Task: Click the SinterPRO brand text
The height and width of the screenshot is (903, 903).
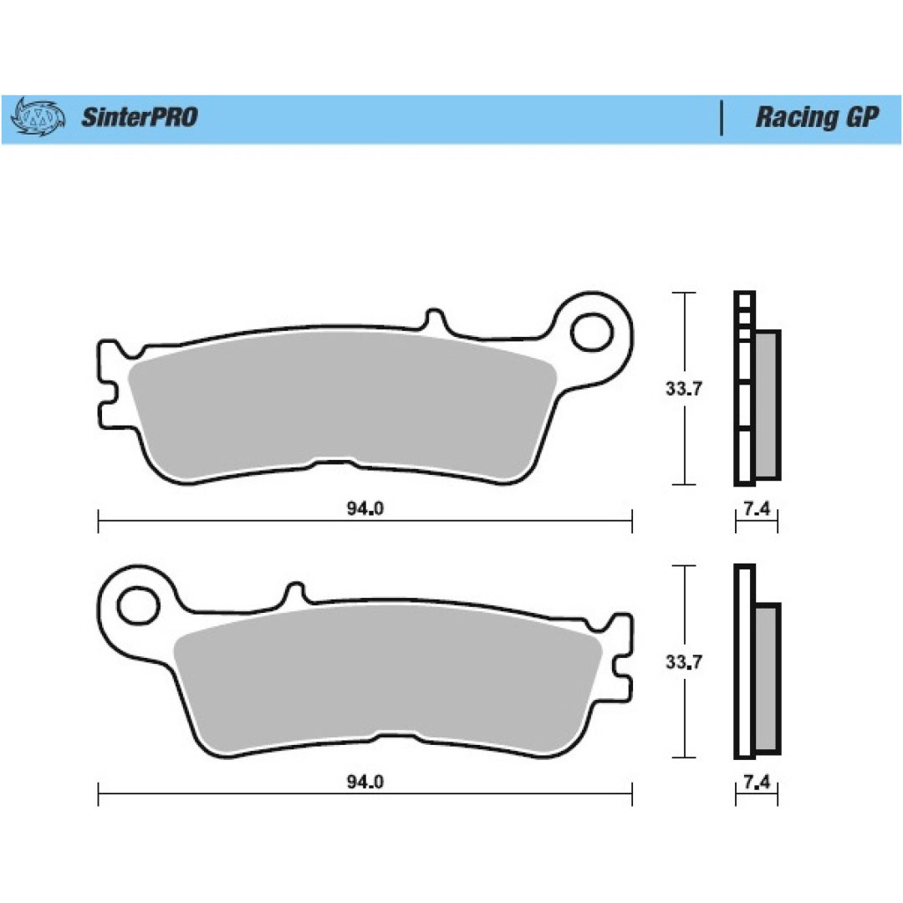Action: coord(140,118)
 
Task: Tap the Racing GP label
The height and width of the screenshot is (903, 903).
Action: coord(817,118)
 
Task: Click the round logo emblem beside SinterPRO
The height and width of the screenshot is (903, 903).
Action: coord(38,117)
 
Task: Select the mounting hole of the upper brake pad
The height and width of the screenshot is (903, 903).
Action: coord(591,332)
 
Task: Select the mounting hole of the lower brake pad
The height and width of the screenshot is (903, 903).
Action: coord(138,605)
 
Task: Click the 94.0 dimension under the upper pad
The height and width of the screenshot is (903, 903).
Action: coord(365,508)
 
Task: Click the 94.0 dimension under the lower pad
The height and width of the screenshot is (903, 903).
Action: coord(365,782)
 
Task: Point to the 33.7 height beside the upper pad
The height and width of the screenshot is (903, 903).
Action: coord(684,389)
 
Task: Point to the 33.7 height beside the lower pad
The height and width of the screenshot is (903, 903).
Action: coord(684,661)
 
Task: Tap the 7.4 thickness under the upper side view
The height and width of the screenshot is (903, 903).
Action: coord(757,508)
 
